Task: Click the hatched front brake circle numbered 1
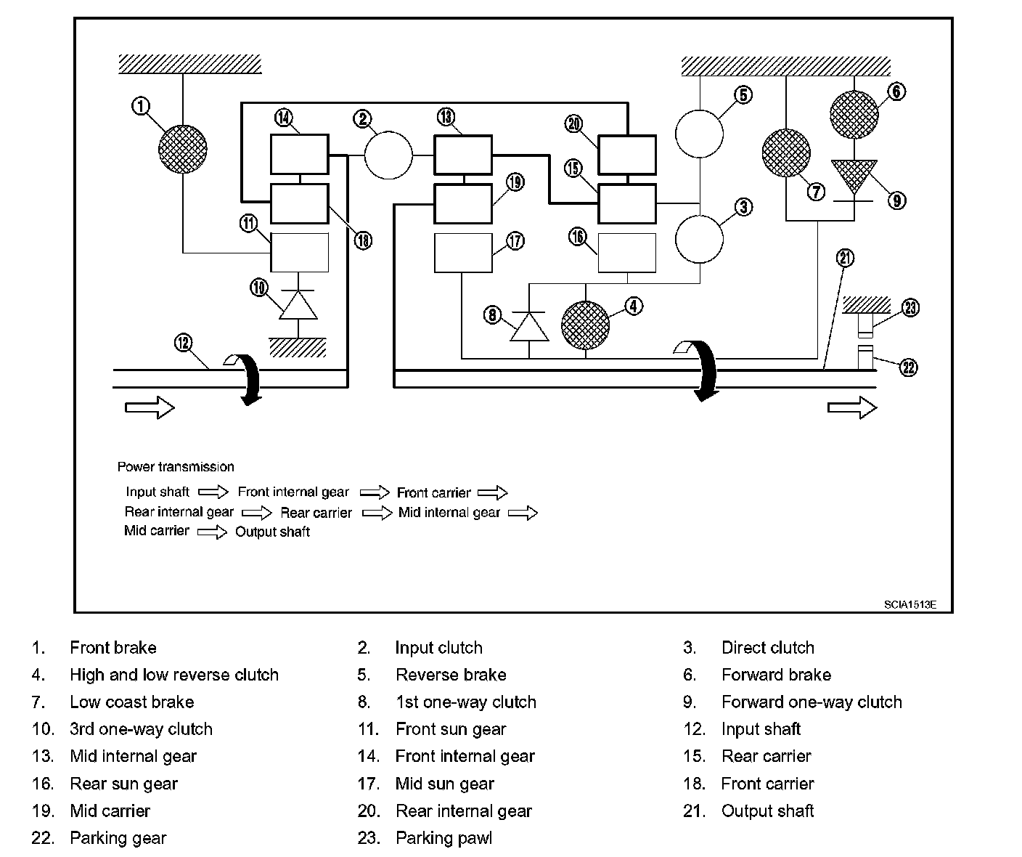click(x=183, y=150)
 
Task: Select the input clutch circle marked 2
click(x=388, y=155)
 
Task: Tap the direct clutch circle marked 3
click(x=700, y=238)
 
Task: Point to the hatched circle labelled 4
click(x=586, y=325)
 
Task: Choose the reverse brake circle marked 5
click(x=700, y=134)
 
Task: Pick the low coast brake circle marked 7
click(x=786, y=153)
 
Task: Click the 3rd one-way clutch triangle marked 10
click(x=298, y=305)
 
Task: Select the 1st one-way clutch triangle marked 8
click(x=530, y=326)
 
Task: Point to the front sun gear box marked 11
click(x=299, y=252)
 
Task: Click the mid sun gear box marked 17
click(x=463, y=253)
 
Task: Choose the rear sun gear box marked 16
click(x=626, y=253)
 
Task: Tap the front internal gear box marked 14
click(x=299, y=154)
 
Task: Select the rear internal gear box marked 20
click(x=626, y=154)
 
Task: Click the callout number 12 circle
click(x=184, y=341)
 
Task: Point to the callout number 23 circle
click(x=910, y=308)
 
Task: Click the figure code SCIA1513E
click(x=909, y=604)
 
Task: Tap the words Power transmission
click(x=176, y=467)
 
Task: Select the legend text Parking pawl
click(x=443, y=838)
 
